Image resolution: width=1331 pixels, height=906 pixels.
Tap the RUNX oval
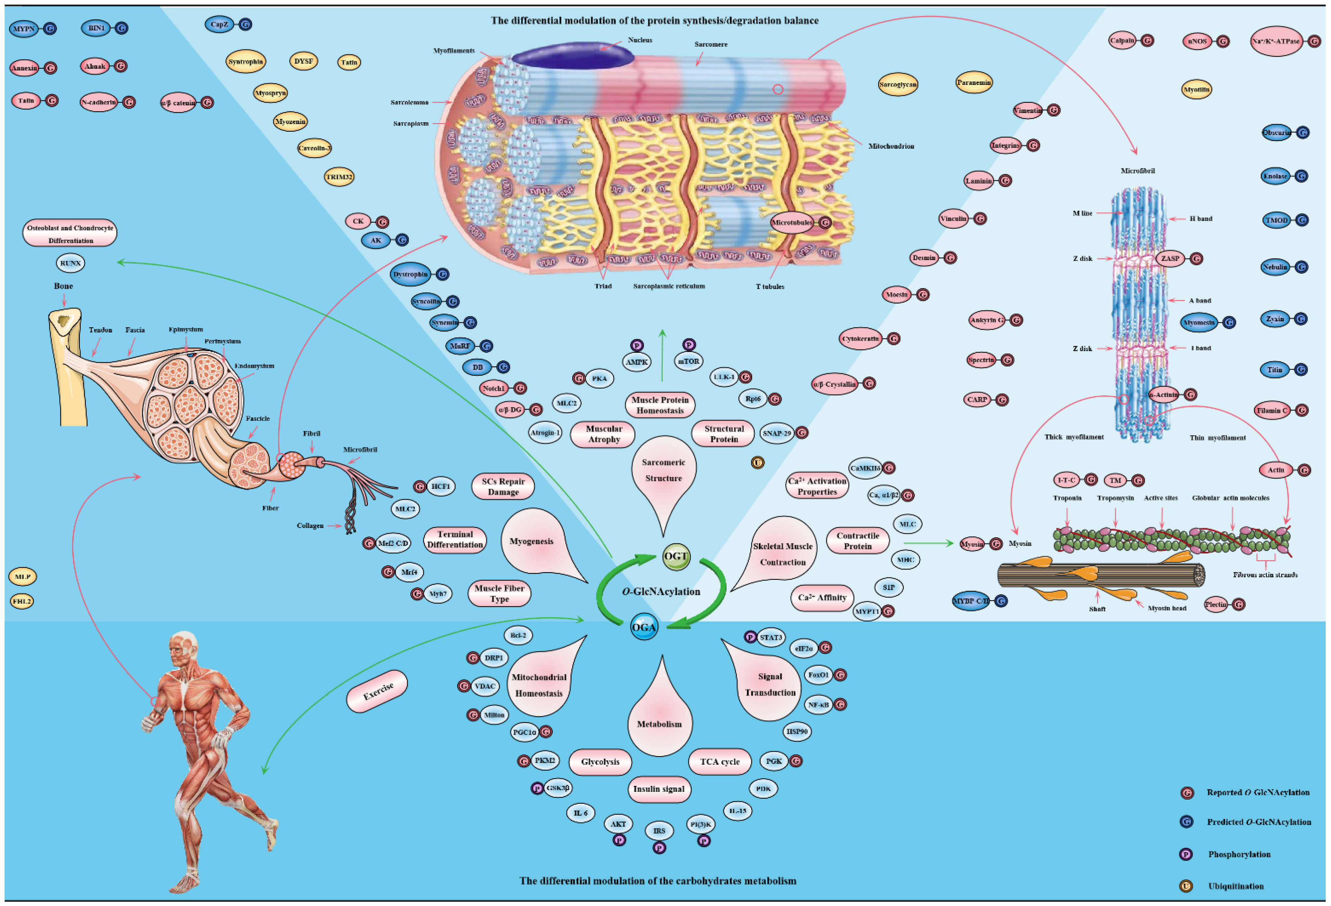[x=70, y=264]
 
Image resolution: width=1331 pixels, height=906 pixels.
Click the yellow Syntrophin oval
[x=246, y=62]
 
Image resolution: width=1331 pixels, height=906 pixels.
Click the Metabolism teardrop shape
[x=660, y=719]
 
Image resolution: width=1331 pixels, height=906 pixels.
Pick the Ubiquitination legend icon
[x=1186, y=886]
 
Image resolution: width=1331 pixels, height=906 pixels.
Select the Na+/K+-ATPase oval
[x=1276, y=41]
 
